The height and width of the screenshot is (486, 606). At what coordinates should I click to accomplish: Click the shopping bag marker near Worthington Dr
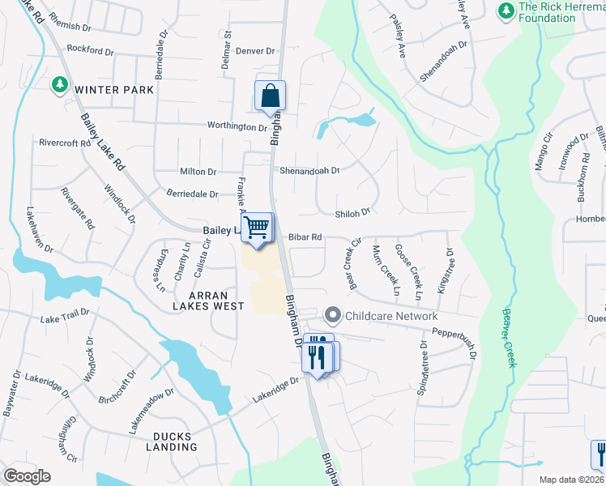coord(270,96)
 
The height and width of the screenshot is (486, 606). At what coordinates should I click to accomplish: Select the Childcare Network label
coord(392,316)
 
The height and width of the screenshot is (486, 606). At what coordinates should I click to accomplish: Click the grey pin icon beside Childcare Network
coord(332,314)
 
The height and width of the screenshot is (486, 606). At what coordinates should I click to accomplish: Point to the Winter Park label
coord(114,90)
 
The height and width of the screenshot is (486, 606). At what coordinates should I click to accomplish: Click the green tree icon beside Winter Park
coord(59,84)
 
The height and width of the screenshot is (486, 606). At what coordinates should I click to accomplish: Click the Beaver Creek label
coord(508,337)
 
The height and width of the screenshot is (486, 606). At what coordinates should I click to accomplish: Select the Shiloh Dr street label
coord(352,212)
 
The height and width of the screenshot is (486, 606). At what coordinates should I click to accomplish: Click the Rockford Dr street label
coord(90,50)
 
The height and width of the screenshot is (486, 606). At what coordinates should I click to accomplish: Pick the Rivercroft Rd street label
coord(65,143)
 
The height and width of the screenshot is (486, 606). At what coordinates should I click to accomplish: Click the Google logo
coord(27,476)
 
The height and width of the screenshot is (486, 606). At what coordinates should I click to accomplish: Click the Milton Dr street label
coord(198,172)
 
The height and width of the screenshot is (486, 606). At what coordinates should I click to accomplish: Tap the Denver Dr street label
coord(256,50)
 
